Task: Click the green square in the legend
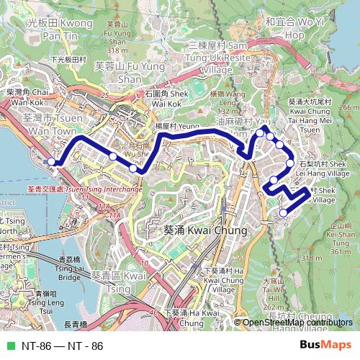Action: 9,346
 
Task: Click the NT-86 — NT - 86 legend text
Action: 62,346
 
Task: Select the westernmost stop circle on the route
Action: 51,162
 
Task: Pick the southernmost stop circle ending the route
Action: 283,212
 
